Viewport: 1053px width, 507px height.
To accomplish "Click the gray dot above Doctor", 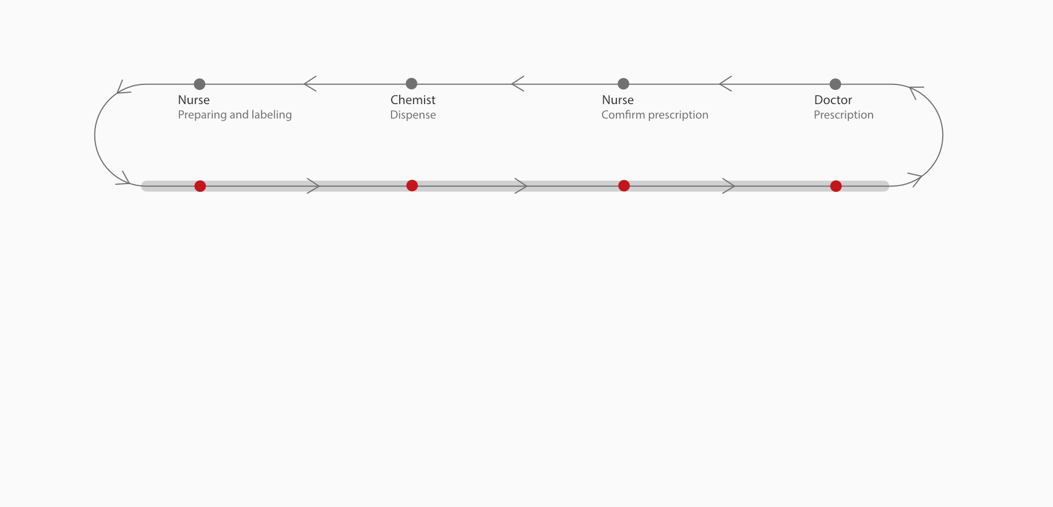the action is click(x=835, y=84).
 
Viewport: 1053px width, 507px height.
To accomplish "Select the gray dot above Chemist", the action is click(x=411, y=83).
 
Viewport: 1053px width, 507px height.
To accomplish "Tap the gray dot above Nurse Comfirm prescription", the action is click(x=623, y=83).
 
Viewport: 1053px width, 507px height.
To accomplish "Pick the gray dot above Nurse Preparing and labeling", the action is click(x=200, y=84).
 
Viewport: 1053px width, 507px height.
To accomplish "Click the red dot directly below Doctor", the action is click(x=836, y=186).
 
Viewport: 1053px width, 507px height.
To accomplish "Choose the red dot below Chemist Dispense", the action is click(x=412, y=186).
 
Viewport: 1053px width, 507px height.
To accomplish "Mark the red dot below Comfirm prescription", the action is click(x=624, y=186).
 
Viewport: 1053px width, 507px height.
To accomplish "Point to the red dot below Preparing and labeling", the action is click(x=200, y=186).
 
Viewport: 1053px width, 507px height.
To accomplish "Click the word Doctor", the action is click(x=833, y=100).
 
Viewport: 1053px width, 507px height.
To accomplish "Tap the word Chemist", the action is click(x=413, y=100).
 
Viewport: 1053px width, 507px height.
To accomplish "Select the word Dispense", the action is click(x=413, y=115).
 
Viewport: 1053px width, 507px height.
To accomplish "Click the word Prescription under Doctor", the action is click(x=843, y=115).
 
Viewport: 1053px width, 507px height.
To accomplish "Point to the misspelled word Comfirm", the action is click(x=623, y=115).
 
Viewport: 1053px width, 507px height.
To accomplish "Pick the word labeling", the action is click(x=271, y=115).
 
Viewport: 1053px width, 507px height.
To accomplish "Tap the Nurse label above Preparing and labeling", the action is click(x=194, y=100).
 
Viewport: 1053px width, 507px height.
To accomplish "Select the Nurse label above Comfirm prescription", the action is click(x=618, y=100).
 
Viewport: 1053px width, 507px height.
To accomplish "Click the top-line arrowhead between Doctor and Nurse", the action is click(x=725, y=84).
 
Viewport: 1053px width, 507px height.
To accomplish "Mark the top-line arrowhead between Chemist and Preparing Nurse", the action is click(x=310, y=84).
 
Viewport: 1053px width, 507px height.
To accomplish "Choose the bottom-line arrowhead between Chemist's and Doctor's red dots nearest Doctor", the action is click(x=729, y=186).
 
